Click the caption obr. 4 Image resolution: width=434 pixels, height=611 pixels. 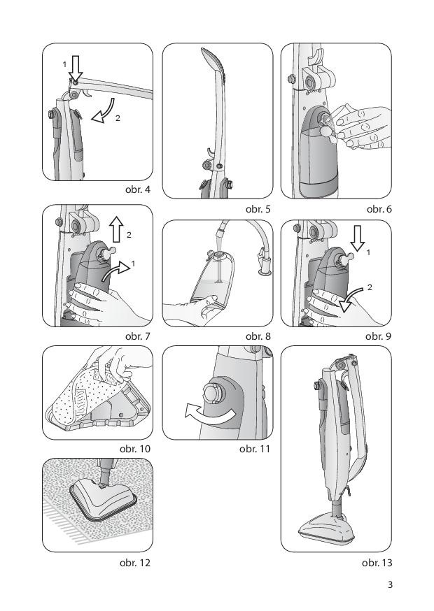137,189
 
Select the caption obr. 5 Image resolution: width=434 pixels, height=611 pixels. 258,209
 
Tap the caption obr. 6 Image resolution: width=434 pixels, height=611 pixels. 379,209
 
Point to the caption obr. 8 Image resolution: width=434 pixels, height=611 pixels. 258,336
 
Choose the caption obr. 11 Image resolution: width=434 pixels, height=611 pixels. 255,449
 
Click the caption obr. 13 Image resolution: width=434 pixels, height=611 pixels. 377,563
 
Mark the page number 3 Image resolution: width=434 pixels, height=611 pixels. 390,584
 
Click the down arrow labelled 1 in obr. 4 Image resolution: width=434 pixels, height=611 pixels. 76,69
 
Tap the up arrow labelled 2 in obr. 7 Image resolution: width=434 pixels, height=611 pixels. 116,229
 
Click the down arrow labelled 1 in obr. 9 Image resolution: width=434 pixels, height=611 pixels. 357,238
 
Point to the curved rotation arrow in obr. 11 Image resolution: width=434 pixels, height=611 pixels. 211,416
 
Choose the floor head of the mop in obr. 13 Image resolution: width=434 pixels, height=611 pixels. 327,530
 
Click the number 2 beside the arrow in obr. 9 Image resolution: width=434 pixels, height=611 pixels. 370,287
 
